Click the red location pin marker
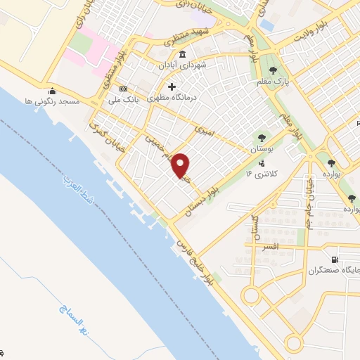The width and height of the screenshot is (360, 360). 181,166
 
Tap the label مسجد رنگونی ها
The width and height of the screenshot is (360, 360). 52,101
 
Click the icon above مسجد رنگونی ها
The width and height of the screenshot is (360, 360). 52,91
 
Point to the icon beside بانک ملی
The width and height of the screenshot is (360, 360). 124,89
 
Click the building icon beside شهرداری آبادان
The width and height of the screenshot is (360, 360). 183,56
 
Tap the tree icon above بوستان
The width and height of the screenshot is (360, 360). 262,139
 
